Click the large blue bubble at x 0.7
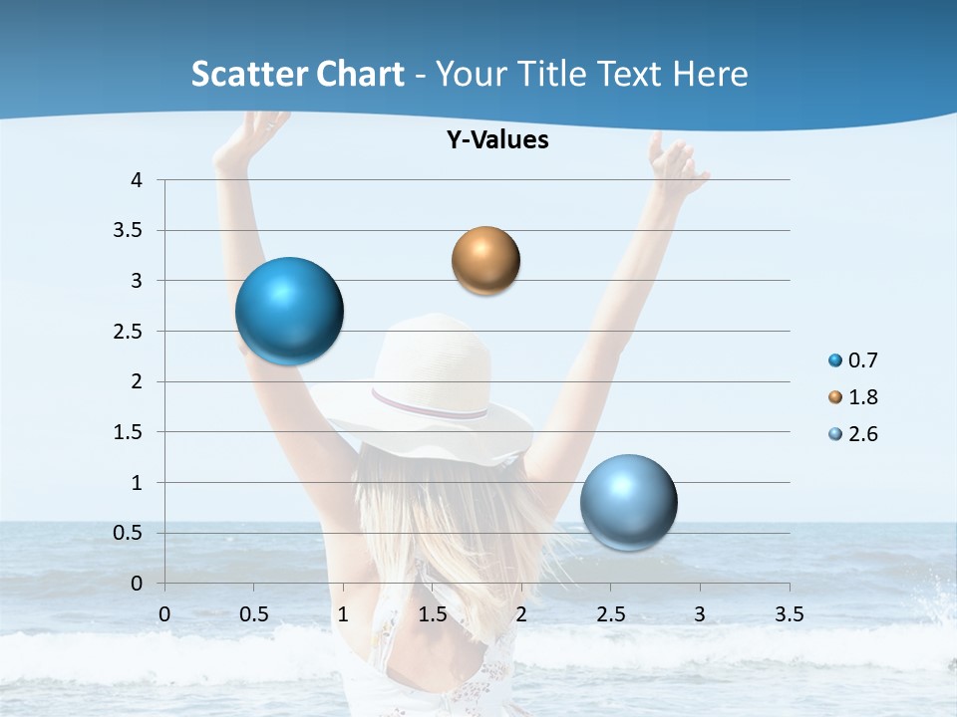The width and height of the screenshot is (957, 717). (x=290, y=311)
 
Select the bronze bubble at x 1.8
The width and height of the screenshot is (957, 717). (x=485, y=261)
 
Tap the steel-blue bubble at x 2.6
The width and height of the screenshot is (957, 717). (x=628, y=502)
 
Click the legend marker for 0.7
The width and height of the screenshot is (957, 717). (x=835, y=360)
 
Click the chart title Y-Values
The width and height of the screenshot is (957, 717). (x=497, y=140)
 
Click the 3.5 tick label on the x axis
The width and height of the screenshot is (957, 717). (x=789, y=614)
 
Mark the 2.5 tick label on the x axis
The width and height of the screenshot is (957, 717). (x=610, y=614)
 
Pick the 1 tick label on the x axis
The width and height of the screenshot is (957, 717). (x=343, y=614)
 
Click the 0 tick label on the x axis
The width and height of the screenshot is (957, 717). (x=164, y=614)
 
